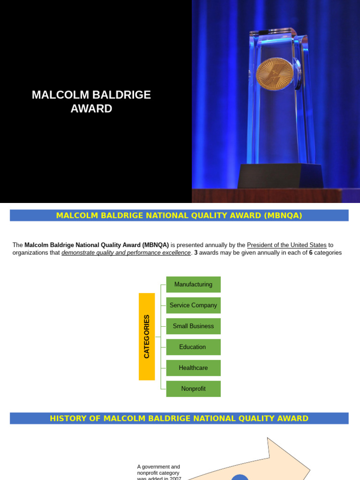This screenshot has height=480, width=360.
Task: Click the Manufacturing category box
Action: pos(193,285)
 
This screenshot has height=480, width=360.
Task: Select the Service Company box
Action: pos(193,305)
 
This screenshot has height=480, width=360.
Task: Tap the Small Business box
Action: pos(193,326)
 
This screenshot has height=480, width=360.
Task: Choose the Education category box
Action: pos(193,347)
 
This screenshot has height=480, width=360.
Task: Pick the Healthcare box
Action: pos(193,368)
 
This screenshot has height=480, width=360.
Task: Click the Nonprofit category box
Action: pos(193,389)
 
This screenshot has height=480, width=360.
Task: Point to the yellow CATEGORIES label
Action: pos(147,337)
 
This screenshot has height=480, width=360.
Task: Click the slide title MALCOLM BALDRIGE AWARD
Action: pos(91,102)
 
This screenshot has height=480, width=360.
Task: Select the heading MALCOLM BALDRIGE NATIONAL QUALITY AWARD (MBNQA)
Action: pos(179,216)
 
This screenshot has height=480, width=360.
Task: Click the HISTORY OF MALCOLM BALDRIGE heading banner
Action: pos(179,419)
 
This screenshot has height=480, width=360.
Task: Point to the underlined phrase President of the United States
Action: pos(286,245)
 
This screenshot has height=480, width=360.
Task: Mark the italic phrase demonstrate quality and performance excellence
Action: pos(126,253)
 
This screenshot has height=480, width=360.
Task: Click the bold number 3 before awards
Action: pos(196,253)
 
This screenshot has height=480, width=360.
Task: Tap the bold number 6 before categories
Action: pos(311,253)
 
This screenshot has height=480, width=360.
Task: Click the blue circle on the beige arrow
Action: pos(240,478)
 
